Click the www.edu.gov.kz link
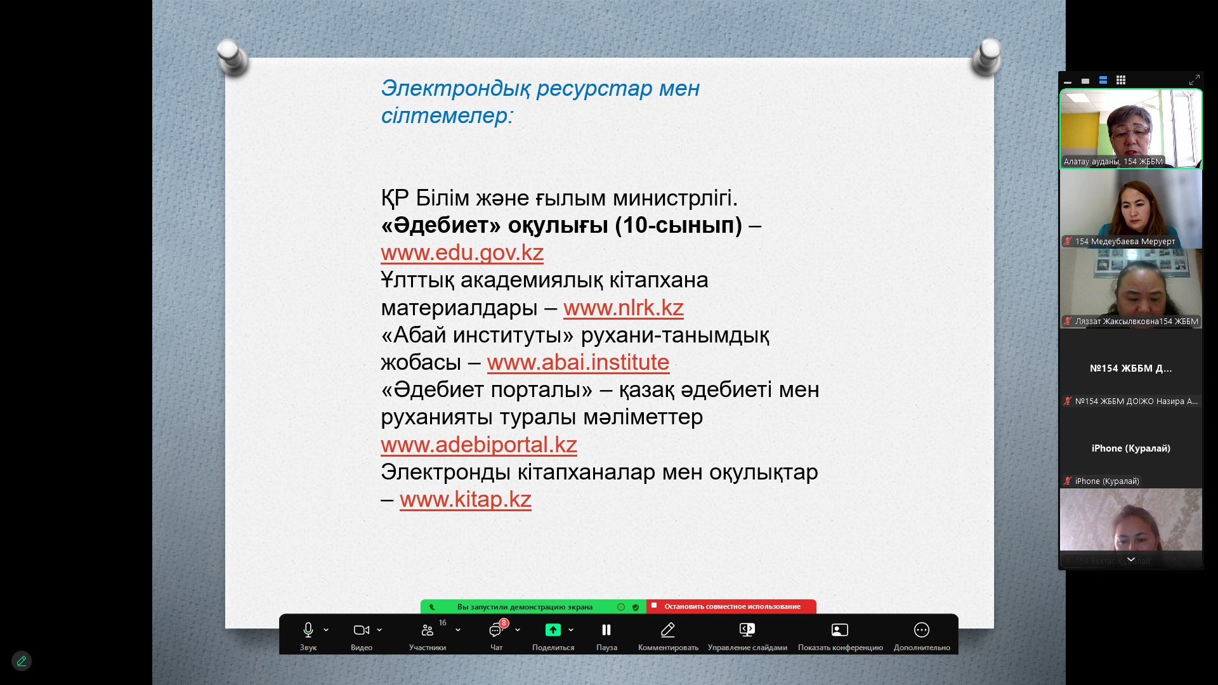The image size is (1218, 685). pyautogui.click(x=462, y=252)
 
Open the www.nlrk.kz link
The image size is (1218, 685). pyautogui.click(x=623, y=308)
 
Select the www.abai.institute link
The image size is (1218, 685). pyautogui.click(x=578, y=362)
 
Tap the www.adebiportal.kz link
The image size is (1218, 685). pyautogui.click(x=479, y=445)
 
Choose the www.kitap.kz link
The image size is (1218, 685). pyautogui.click(x=465, y=499)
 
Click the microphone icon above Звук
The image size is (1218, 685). pyautogui.click(x=308, y=630)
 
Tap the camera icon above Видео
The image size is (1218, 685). pyautogui.click(x=362, y=630)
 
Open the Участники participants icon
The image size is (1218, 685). pyautogui.click(x=428, y=630)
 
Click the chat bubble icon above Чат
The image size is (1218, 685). pyautogui.click(x=495, y=630)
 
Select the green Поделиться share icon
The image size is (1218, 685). pyautogui.click(x=553, y=630)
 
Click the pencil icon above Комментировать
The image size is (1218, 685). pyautogui.click(x=667, y=630)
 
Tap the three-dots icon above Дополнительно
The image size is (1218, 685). pyautogui.click(x=922, y=630)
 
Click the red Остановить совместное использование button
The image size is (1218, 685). pyautogui.click(x=731, y=606)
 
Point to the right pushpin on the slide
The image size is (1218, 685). pyautogui.click(x=986, y=57)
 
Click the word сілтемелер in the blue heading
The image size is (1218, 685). pyautogui.click(x=447, y=116)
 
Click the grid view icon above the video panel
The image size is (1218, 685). pyautogui.click(x=1121, y=80)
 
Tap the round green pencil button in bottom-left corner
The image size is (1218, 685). pyautogui.click(x=22, y=661)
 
